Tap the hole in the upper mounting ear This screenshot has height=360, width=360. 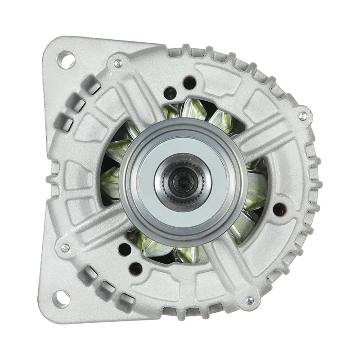point(66,60)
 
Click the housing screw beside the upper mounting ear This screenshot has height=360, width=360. point(118,63)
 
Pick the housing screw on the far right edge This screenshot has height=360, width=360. point(303,116)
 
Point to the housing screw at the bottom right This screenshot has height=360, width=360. point(250,300)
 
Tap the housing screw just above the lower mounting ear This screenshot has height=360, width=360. point(65,247)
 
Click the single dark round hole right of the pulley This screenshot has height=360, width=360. point(279,209)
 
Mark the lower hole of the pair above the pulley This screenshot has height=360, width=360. point(170,93)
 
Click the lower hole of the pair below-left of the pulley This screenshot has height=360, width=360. point(135,269)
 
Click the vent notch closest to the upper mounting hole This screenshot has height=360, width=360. point(91,85)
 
